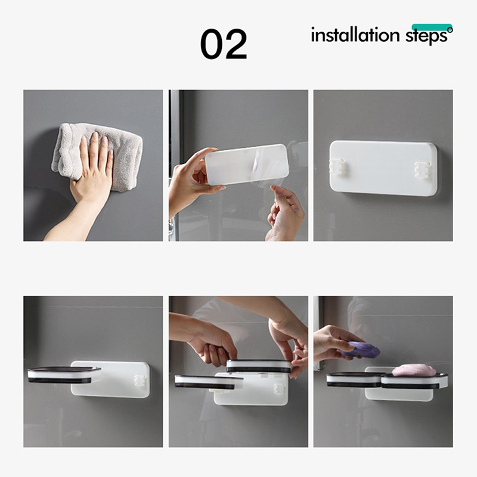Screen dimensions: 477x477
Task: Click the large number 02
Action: (224, 44)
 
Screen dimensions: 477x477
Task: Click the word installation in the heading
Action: (355, 35)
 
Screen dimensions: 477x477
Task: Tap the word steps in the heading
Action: (426, 36)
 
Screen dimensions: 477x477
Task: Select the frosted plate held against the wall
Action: (247, 165)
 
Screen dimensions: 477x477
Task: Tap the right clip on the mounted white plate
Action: (423, 169)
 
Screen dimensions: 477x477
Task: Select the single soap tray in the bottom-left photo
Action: (64, 374)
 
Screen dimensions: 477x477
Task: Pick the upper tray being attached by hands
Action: (259, 366)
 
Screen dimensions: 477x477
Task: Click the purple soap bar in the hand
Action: (360, 349)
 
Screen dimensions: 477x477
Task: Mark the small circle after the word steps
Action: (450, 29)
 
